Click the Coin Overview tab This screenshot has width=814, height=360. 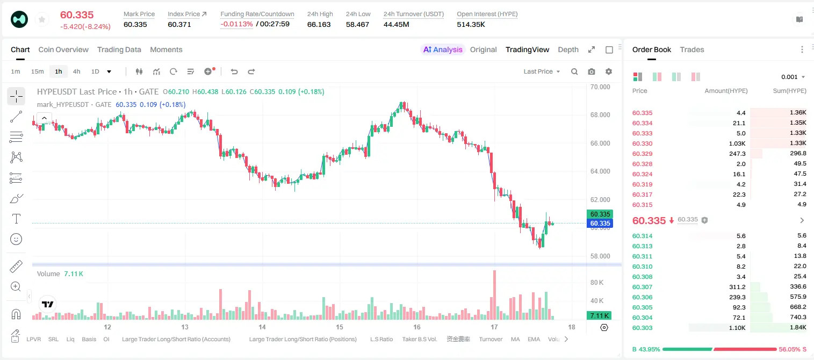(x=63, y=49)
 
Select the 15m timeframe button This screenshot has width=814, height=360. (x=37, y=71)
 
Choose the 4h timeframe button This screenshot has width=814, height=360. (x=76, y=71)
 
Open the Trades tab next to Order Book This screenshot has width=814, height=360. (x=692, y=49)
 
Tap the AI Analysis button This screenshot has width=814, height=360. (x=443, y=49)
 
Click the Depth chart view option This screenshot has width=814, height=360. (x=568, y=49)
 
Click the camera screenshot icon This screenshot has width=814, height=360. (x=592, y=71)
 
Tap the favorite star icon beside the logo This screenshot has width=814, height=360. (x=42, y=19)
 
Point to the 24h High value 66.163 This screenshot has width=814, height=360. (x=319, y=24)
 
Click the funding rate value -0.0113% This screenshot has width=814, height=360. (x=236, y=24)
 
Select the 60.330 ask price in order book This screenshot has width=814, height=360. (x=642, y=143)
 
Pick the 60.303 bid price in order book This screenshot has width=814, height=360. (x=642, y=328)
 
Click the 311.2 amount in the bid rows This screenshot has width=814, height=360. (x=737, y=287)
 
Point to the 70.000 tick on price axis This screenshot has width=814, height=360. (x=600, y=87)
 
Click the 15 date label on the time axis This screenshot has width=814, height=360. (x=340, y=327)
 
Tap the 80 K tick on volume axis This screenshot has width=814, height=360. (x=597, y=282)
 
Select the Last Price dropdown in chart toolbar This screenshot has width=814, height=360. (x=542, y=71)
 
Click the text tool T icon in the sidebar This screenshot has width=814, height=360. (x=16, y=219)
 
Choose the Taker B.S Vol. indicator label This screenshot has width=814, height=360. (x=419, y=339)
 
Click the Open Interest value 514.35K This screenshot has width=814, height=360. (x=471, y=24)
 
